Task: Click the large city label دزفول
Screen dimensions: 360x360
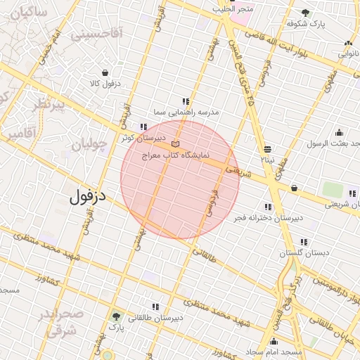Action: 87,196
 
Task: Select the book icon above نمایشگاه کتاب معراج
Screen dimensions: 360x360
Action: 175,144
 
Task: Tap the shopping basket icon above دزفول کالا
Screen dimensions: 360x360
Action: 105,72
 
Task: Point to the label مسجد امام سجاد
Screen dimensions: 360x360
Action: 273,350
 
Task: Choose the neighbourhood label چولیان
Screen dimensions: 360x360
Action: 88,145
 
